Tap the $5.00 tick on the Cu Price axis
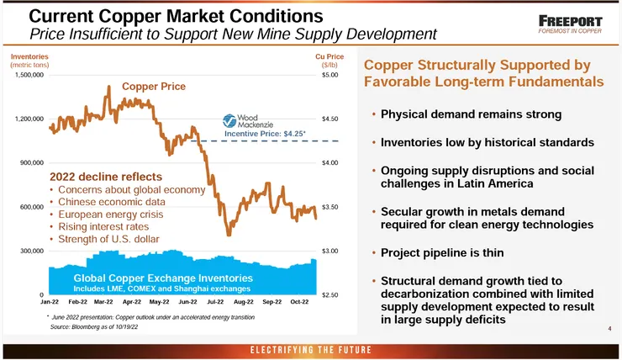click(329, 75)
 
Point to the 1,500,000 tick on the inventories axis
click(29, 75)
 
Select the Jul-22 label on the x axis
click(214, 300)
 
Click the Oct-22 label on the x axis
click(298, 300)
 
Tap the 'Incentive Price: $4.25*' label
click(265, 133)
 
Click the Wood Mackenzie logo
click(244, 120)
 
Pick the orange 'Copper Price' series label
click(154, 87)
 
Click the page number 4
click(609, 329)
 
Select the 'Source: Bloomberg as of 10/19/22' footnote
click(92, 328)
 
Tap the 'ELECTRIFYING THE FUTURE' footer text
click(310, 349)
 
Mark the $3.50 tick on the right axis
click(329, 207)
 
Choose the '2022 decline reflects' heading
click(105, 177)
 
